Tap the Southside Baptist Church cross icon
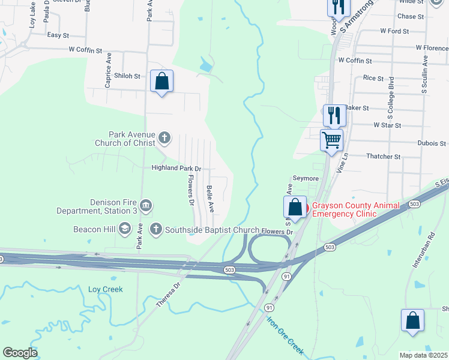pos(156,229)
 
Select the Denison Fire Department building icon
pos(145,206)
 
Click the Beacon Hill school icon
pos(125,229)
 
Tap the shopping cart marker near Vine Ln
pos(331,140)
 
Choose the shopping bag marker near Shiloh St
pos(161,81)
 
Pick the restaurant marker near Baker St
pos(334,115)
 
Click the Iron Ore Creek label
pos(286,336)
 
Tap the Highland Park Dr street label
pos(176,169)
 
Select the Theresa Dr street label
pos(169,295)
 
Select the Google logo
pos(20,353)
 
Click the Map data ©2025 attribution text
pos(423,355)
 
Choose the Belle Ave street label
pos(211,199)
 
